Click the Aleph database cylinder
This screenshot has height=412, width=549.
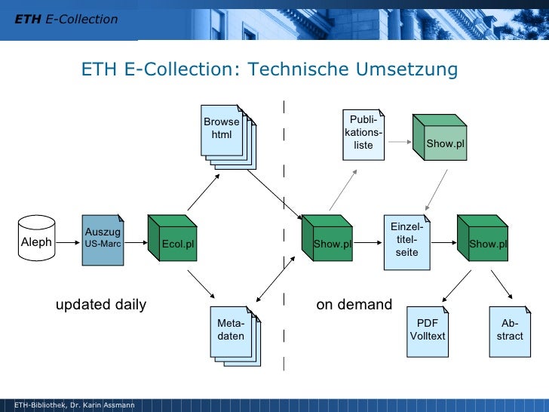[x=37, y=241]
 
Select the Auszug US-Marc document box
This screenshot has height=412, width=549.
[x=103, y=239]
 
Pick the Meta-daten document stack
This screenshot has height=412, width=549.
[x=233, y=333]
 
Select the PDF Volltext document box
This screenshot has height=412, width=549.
[x=428, y=331]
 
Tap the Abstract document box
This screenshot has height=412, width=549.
[x=510, y=331]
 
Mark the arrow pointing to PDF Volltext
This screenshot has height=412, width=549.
[x=454, y=285]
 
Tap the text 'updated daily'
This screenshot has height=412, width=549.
[x=101, y=305]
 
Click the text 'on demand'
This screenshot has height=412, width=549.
[x=354, y=305]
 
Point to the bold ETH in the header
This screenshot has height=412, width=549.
[x=28, y=19]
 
